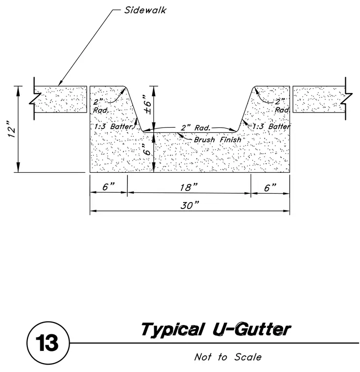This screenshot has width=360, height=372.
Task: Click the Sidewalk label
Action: (145, 10)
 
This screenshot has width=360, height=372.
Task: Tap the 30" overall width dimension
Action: (189, 205)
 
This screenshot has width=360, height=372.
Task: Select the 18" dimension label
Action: (188, 187)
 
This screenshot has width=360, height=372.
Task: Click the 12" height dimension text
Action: (12, 129)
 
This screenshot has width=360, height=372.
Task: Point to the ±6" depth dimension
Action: (147, 104)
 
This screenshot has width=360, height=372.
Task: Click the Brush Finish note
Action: (217, 139)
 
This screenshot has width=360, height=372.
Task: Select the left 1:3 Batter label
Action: (113, 126)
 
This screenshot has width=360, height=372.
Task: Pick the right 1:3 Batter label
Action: (271, 126)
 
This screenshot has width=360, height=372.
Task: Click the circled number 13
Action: (48, 343)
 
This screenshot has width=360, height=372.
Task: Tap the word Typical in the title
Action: (172, 329)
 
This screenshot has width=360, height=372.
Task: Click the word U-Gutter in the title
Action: (251, 329)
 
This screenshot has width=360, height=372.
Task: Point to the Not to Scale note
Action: (228, 357)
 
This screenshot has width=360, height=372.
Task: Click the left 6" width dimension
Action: (108, 186)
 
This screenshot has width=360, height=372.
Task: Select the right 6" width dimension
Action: (270, 187)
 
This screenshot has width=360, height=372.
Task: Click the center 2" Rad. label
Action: (195, 128)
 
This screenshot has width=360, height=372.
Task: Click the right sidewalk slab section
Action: (319, 99)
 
